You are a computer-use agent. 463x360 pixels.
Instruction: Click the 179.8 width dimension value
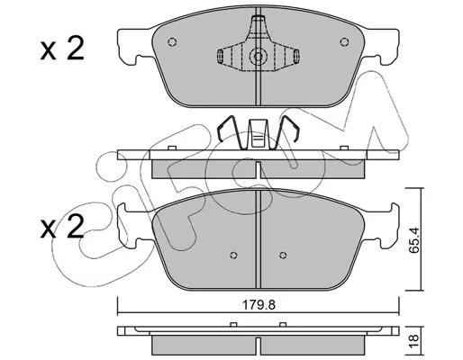coord(259,305)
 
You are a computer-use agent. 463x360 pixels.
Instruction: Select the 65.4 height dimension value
coord(414,240)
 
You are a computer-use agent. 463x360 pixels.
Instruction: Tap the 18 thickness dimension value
coord(414,341)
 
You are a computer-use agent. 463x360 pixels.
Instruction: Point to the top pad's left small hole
coord(172,41)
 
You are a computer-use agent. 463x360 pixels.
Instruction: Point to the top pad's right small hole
coord(344,41)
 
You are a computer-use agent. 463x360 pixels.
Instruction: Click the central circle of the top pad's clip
coord(258,56)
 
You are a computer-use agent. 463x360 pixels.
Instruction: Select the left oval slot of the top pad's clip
coord(220,56)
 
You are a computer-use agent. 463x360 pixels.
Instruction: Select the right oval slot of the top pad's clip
coord(296,56)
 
